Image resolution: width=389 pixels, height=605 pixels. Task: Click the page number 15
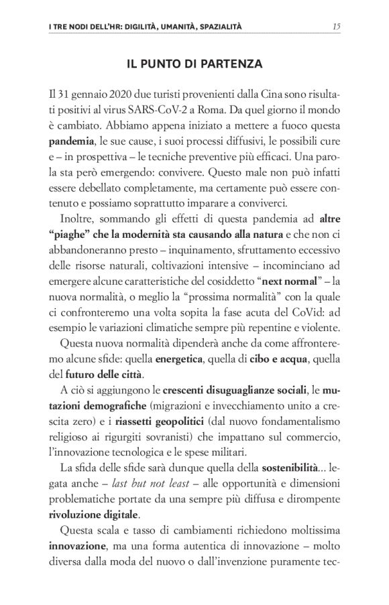(338, 27)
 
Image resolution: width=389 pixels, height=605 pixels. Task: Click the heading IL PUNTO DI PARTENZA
(194, 64)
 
